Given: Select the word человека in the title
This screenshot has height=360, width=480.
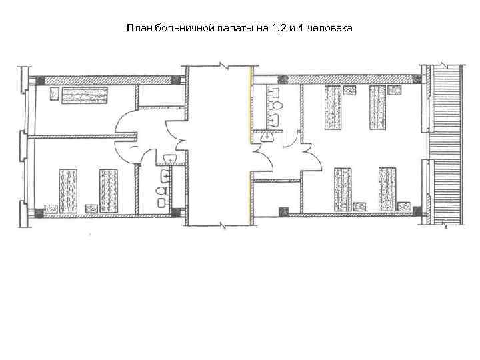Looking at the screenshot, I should coord(330,29).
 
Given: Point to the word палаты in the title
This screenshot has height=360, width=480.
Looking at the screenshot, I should coord(230,29).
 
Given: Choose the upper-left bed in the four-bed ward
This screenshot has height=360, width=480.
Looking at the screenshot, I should coord(333,107).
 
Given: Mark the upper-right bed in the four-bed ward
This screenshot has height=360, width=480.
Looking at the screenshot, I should coord(378,107).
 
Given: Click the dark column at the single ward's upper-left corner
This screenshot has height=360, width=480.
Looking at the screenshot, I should coord(41,79).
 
